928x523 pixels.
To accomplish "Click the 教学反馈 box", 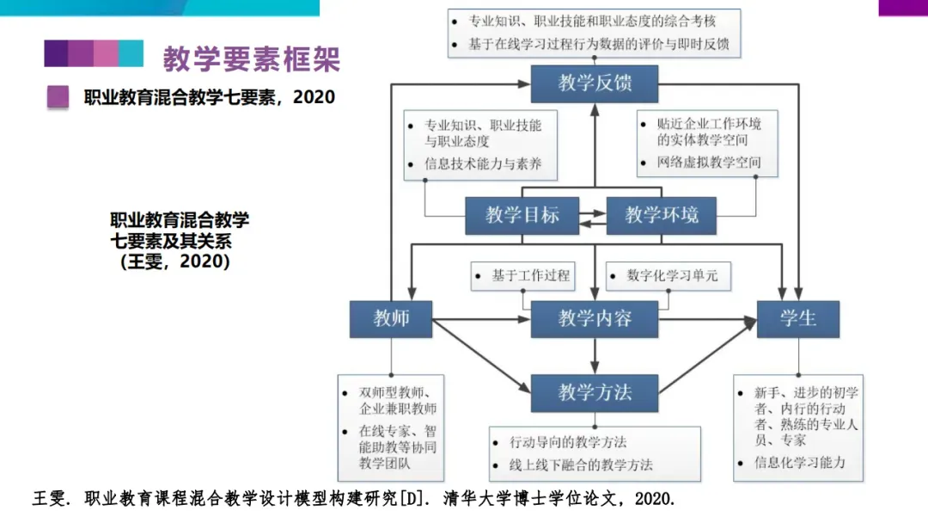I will click(594, 83).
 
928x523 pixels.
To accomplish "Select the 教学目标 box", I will click(522, 215).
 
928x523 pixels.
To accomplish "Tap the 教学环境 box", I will click(661, 215).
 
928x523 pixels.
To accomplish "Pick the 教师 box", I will click(390, 319).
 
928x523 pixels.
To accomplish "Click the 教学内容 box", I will click(594, 319).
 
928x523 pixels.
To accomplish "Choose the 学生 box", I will click(797, 319).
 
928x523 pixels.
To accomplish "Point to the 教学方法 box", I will click(594, 393).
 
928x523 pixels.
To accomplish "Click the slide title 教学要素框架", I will click(252, 58).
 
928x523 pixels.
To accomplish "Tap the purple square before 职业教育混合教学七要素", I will click(58, 97).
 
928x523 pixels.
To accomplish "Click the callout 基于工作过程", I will click(523, 276).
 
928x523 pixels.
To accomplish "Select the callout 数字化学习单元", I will click(666, 276).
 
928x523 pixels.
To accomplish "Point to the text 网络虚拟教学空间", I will click(708, 162).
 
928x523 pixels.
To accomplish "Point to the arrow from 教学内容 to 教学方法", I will click(594, 356).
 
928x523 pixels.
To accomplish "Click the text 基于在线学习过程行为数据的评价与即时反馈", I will click(599, 43).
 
